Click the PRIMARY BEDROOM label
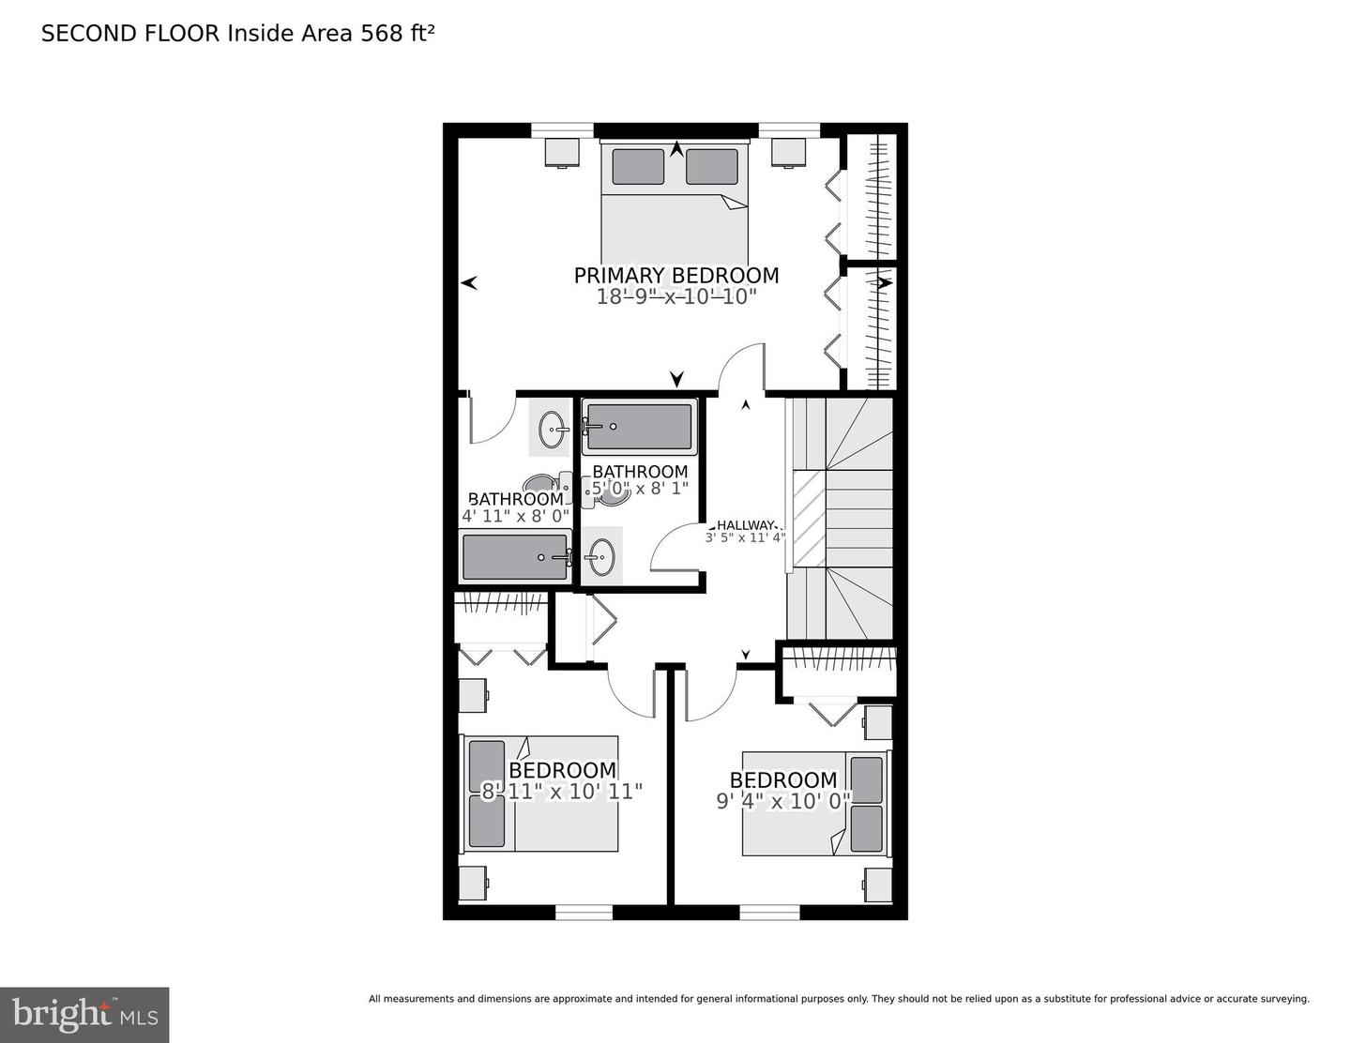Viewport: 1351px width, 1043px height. click(675, 275)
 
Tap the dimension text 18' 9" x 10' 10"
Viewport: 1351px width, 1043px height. click(675, 297)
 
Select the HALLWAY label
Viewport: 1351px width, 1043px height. click(746, 525)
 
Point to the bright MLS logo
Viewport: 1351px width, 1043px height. click(84, 1015)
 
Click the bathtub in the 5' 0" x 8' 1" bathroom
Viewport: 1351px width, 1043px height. click(638, 426)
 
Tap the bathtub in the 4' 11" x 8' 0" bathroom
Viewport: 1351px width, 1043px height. click(515, 557)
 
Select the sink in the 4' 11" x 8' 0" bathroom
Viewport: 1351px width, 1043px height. click(552, 430)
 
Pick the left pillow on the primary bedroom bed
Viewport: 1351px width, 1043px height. click(638, 166)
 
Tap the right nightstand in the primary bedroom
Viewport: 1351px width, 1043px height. click(790, 151)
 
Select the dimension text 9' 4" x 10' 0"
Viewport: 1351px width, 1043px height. click(783, 801)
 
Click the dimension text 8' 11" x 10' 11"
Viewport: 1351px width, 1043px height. click(561, 792)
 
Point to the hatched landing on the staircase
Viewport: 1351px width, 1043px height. click(809, 519)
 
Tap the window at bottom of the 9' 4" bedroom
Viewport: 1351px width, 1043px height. click(769, 912)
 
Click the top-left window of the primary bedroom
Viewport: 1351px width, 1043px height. click(563, 129)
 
